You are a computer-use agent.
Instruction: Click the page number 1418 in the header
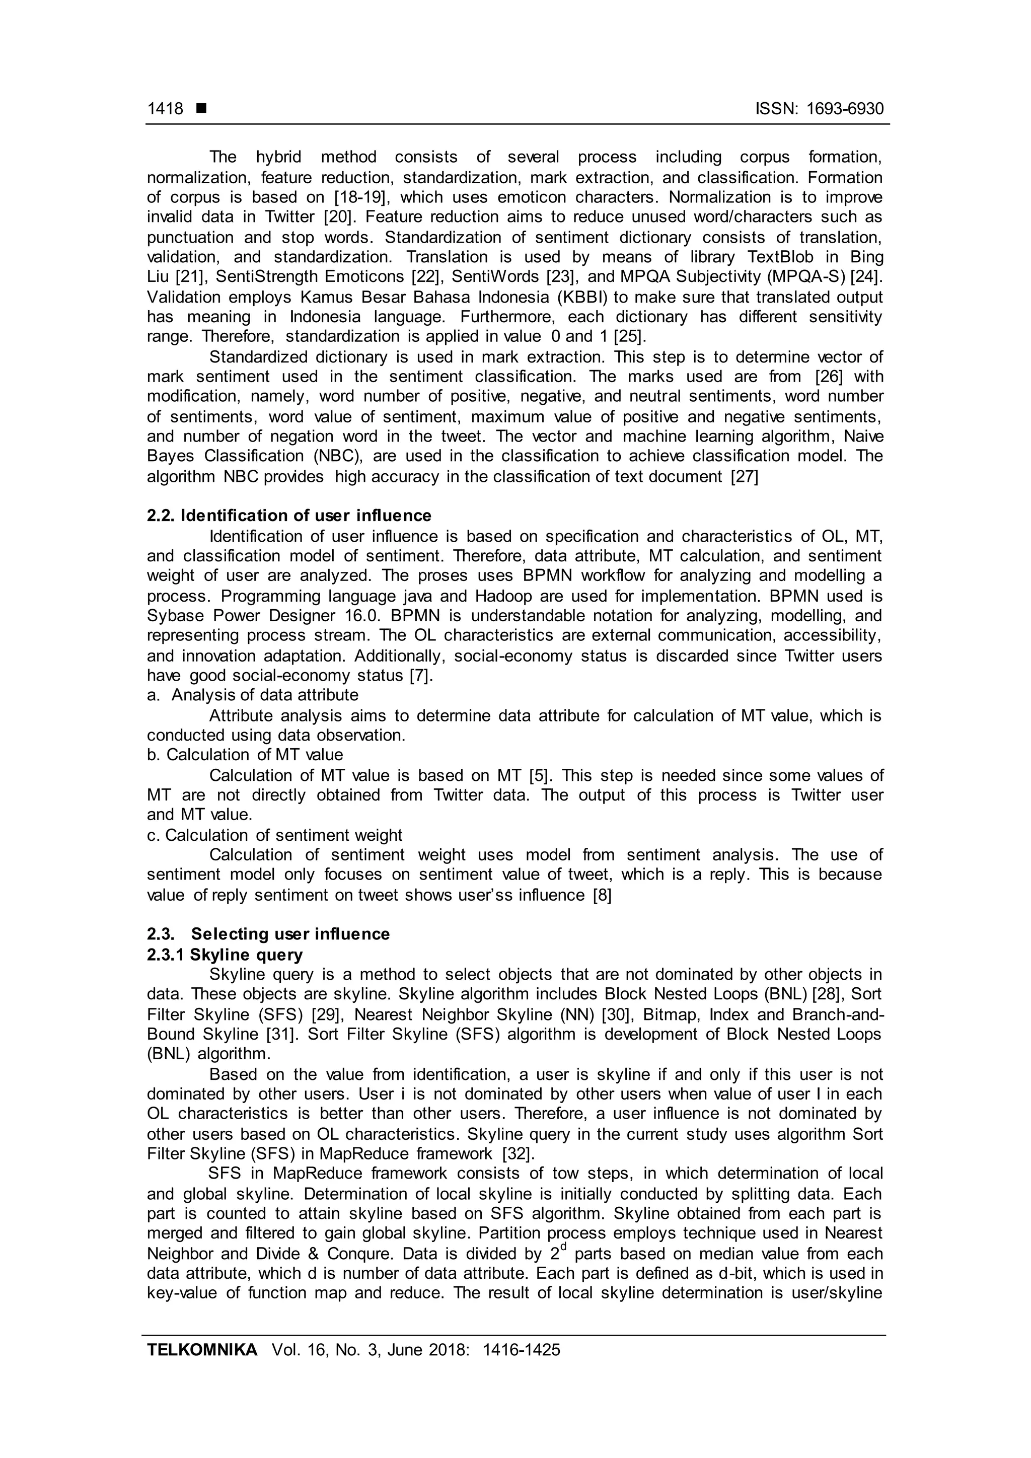(165, 109)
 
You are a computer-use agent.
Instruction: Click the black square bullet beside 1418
(201, 109)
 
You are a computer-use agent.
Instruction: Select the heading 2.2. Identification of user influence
(289, 516)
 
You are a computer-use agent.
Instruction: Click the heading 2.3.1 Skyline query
(225, 955)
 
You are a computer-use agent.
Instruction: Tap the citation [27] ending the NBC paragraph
(745, 477)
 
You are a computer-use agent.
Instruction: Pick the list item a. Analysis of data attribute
(253, 695)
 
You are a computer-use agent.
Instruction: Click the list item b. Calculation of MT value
(245, 755)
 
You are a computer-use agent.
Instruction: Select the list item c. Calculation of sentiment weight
(274, 835)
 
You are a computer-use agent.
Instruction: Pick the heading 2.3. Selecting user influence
(268, 934)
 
